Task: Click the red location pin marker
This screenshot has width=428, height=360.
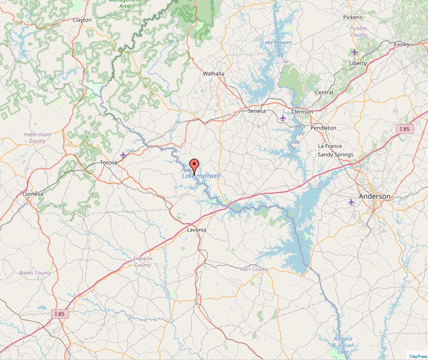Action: click(194, 164)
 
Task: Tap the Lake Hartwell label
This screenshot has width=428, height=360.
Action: click(201, 176)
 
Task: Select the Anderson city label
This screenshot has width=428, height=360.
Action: click(375, 196)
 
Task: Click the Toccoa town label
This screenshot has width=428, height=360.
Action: click(109, 162)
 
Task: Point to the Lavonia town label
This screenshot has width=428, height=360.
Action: click(197, 230)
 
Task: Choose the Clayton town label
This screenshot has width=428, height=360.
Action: click(82, 20)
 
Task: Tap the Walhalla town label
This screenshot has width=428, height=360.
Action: click(214, 73)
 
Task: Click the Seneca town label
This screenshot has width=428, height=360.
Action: click(257, 111)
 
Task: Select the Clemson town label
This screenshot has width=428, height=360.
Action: click(302, 111)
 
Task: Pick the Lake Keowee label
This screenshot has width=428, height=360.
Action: click(277, 42)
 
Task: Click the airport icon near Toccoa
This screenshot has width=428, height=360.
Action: click(124, 155)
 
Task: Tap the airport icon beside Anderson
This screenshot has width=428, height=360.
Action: click(351, 202)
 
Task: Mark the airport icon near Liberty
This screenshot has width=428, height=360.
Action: click(355, 52)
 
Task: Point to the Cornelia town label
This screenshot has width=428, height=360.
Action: click(33, 193)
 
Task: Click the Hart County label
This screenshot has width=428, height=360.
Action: click(254, 269)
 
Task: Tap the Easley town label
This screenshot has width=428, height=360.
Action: click(401, 44)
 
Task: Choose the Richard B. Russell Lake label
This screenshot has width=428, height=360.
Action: click(343, 345)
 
